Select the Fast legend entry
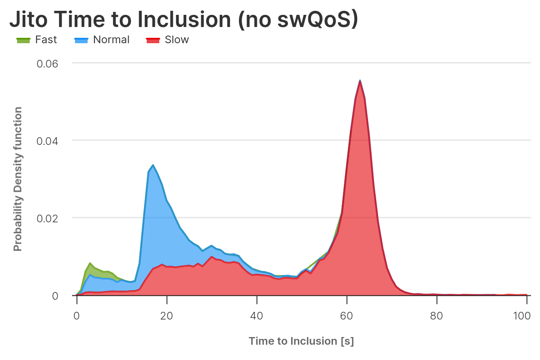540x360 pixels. coord(46,40)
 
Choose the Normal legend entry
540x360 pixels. coord(111,40)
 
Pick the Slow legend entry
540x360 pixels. coord(177,40)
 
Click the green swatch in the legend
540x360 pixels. coord(23,40)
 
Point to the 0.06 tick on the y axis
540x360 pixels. coord(47,63)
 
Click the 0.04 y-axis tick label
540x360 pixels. coord(47,140)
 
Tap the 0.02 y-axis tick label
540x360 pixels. coord(47,218)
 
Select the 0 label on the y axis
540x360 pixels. coord(55,296)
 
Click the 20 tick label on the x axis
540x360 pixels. coord(166,315)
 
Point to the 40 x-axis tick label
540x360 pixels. coord(256,315)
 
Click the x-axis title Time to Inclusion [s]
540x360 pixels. coord(301,341)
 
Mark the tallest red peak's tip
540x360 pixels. coord(360,81)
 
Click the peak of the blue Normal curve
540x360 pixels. coord(153,165)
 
